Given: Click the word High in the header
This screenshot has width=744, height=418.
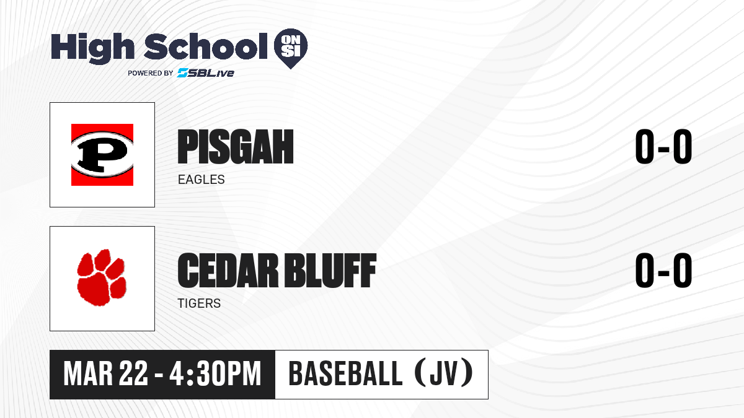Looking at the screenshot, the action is [x=92, y=48].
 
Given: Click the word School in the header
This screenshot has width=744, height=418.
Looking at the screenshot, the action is [x=206, y=46].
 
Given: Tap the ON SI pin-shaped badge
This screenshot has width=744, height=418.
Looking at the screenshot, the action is [x=291, y=48].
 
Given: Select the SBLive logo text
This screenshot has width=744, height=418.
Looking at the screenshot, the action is [x=205, y=72].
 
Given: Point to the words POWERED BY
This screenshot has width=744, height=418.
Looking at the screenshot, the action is [x=150, y=73].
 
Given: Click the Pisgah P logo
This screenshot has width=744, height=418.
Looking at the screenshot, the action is [x=102, y=155].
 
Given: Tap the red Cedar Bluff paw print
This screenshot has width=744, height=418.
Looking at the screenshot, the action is [x=102, y=277].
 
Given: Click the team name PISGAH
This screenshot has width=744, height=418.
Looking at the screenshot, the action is [x=236, y=147].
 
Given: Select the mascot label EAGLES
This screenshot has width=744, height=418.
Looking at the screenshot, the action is [x=201, y=180].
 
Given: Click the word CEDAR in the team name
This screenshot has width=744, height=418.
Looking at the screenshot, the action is [x=228, y=271].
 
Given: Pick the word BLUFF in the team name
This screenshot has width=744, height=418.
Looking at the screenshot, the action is [x=332, y=271].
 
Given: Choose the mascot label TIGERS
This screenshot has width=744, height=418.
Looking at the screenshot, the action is [x=199, y=303].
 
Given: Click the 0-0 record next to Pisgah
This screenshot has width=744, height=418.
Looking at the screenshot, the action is [x=663, y=147].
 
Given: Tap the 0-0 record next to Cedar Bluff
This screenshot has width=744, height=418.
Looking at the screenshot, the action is [x=663, y=271].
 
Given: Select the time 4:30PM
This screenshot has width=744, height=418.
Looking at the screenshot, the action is [x=215, y=374].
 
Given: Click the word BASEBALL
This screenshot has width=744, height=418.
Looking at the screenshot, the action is [x=346, y=374].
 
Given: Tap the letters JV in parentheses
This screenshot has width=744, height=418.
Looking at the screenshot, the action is [x=444, y=374].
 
